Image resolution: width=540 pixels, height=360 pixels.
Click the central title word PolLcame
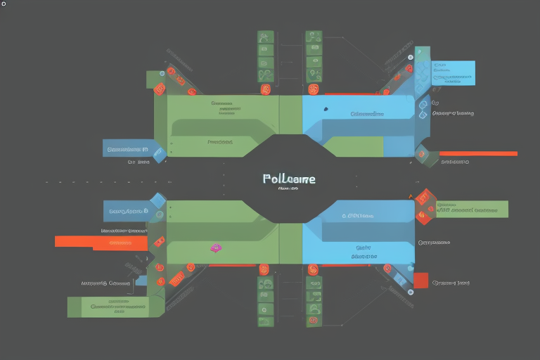click(x=289, y=179)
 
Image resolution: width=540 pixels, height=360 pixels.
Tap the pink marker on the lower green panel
click(x=216, y=247)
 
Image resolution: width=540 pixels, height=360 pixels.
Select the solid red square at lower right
click(x=420, y=281)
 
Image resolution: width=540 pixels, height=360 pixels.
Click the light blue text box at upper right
click(x=452, y=73)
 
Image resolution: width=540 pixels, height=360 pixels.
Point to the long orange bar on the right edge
click(x=478, y=153)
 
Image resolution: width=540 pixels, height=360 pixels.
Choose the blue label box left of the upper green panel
click(x=127, y=148)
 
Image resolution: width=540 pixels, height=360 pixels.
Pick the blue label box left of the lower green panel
click(x=129, y=210)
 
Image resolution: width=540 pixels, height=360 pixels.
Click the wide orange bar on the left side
click(x=101, y=242)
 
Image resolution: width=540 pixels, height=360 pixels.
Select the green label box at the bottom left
click(x=108, y=307)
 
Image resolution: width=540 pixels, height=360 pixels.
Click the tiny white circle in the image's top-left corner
click(x=4, y=4)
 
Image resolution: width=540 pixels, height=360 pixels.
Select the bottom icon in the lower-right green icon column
click(x=314, y=321)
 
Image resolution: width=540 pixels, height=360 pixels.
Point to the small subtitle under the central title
click(x=288, y=188)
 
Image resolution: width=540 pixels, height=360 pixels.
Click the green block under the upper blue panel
click(x=355, y=147)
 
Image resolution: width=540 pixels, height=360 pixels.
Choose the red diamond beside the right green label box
click(x=423, y=206)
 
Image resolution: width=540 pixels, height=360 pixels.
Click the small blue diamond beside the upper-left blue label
click(x=160, y=153)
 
